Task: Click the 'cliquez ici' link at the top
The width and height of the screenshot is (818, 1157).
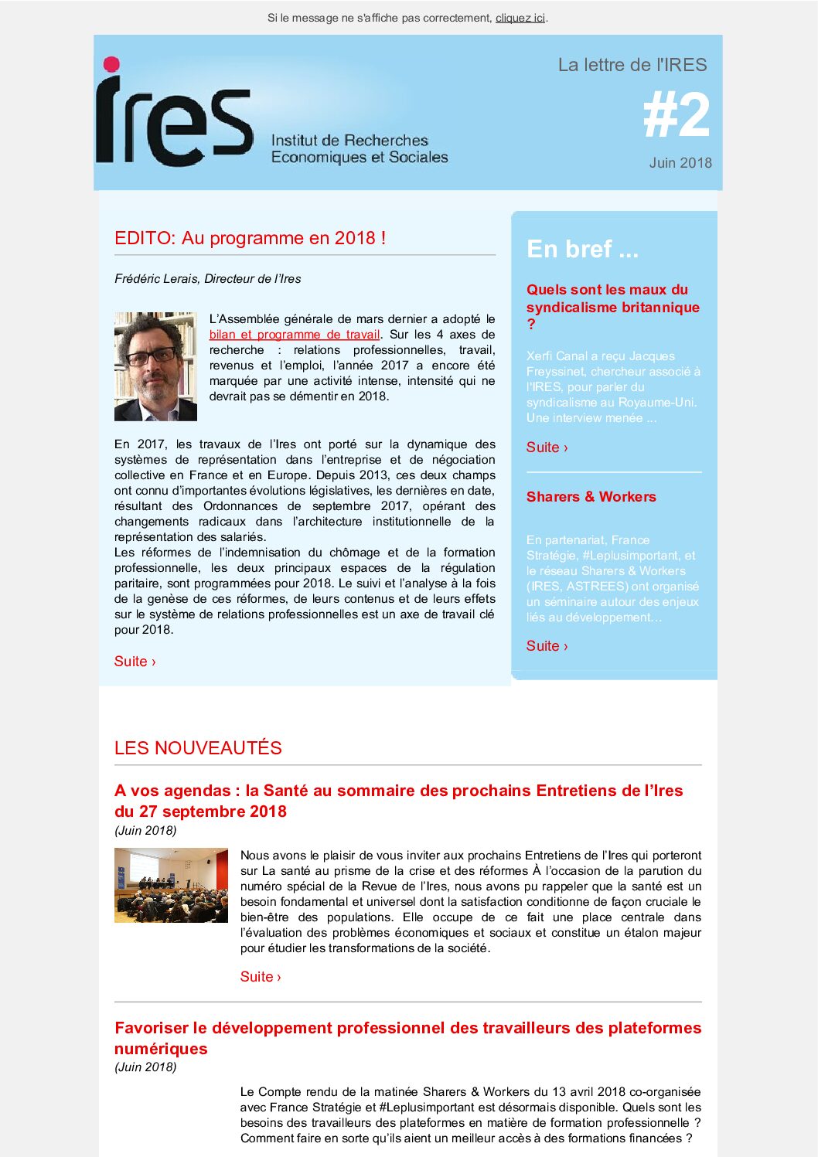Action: coord(520,18)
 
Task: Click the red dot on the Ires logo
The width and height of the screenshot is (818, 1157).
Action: coord(112,64)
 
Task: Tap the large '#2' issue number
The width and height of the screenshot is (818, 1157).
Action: coord(677,116)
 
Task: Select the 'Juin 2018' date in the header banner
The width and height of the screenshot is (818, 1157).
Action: coord(680,163)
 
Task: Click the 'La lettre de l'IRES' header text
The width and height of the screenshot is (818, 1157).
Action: coord(632,65)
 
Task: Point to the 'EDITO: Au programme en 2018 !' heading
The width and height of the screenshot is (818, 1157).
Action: coord(251,238)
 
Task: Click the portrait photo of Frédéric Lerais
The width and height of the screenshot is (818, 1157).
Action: coord(155,366)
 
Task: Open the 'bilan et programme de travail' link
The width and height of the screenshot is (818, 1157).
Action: coord(295,335)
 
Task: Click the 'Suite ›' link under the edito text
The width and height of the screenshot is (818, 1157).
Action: coord(135,662)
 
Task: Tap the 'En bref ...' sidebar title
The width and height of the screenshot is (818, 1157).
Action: coord(582,249)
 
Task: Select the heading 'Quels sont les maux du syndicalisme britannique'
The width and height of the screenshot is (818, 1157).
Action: coord(612,298)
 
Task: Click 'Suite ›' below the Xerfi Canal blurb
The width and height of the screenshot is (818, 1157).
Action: coord(547,447)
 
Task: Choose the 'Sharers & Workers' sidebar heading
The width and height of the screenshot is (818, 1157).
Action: coord(591,497)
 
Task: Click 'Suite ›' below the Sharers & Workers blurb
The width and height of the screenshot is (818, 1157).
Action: coord(547,646)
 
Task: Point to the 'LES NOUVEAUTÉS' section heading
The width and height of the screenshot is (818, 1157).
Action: coord(198,748)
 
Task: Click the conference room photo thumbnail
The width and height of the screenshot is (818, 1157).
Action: coord(171,885)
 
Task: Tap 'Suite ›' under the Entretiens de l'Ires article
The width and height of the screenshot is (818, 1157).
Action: coord(261,977)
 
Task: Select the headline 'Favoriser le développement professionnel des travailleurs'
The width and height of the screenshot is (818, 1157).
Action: coord(407,1029)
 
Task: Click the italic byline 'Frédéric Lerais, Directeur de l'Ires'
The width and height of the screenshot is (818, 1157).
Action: coord(208,279)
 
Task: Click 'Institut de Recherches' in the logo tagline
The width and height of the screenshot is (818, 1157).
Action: coord(349,141)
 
